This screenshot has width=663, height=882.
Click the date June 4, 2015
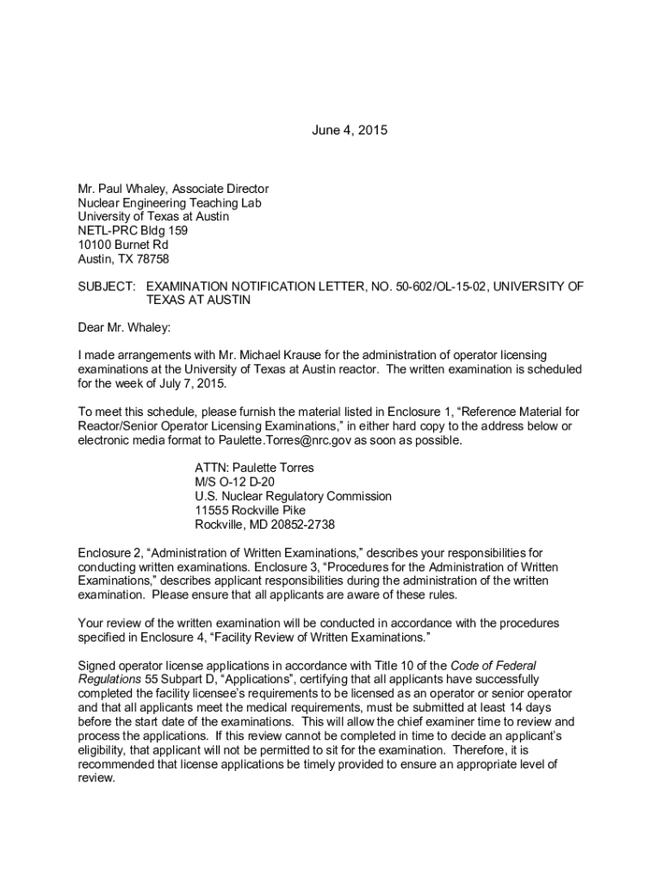point(349,131)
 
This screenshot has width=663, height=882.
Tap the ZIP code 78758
point(152,258)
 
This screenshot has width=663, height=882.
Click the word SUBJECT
point(107,286)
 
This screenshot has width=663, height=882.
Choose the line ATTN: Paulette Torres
point(254,468)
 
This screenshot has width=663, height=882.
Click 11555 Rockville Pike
point(250,510)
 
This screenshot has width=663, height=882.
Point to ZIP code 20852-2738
point(296,524)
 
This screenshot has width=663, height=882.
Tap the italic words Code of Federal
point(493,665)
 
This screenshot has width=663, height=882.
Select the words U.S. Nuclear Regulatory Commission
point(293,496)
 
